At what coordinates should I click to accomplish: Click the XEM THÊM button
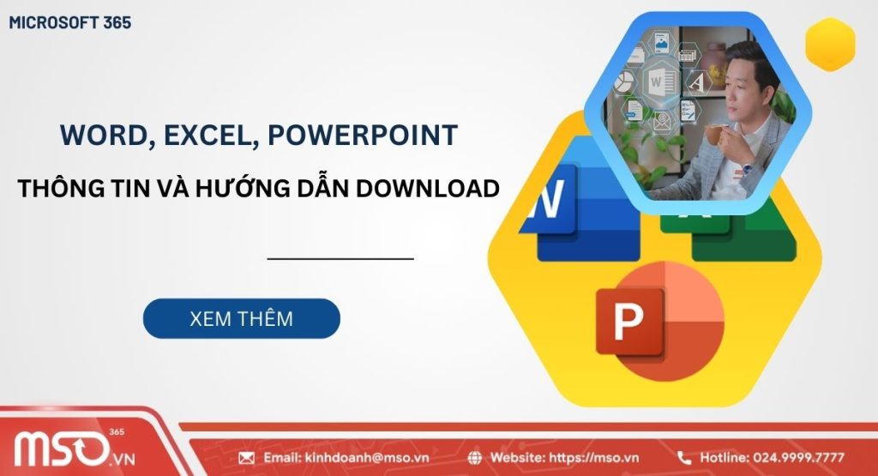241,319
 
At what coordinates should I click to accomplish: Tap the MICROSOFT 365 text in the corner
70,23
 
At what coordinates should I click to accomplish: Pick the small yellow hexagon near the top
830,44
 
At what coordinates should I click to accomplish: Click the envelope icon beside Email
246,458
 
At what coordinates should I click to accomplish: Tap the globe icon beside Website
475,458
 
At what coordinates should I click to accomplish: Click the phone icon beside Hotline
684,458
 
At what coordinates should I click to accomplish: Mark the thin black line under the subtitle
340,257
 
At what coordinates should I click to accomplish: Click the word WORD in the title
94,135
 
